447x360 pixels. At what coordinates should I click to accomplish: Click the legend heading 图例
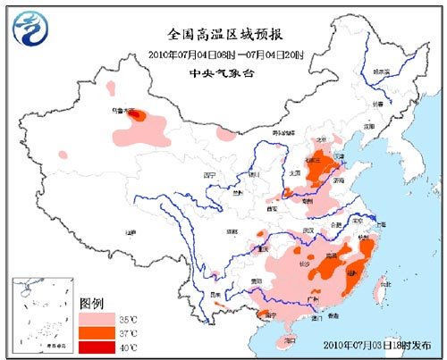click(x=92, y=302)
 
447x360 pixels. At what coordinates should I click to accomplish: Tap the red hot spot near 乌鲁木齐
click(x=136, y=114)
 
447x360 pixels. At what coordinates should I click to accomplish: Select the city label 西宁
click(x=210, y=175)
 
